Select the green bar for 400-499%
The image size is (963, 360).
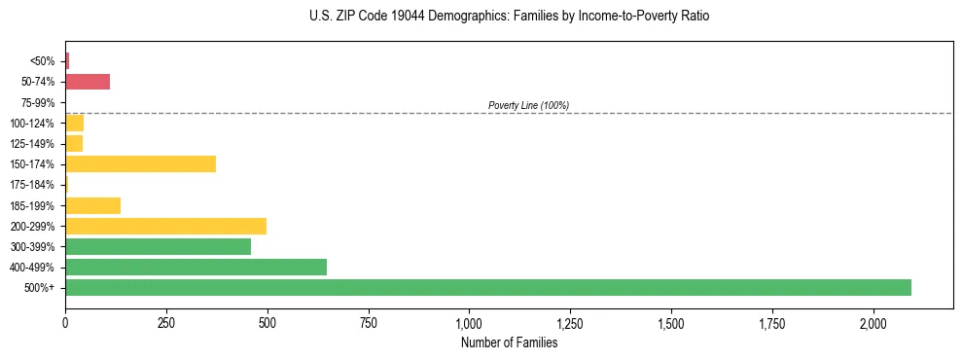[196, 267]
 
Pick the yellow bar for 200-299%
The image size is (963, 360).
[165, 226]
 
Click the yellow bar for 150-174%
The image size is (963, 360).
[140, 163]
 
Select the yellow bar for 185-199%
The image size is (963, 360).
[92, 205]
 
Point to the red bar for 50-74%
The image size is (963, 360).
[88, 82]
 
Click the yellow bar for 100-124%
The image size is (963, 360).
[74, 123]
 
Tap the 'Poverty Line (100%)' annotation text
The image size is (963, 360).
[528, 105]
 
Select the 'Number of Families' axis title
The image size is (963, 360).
[510, 342]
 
